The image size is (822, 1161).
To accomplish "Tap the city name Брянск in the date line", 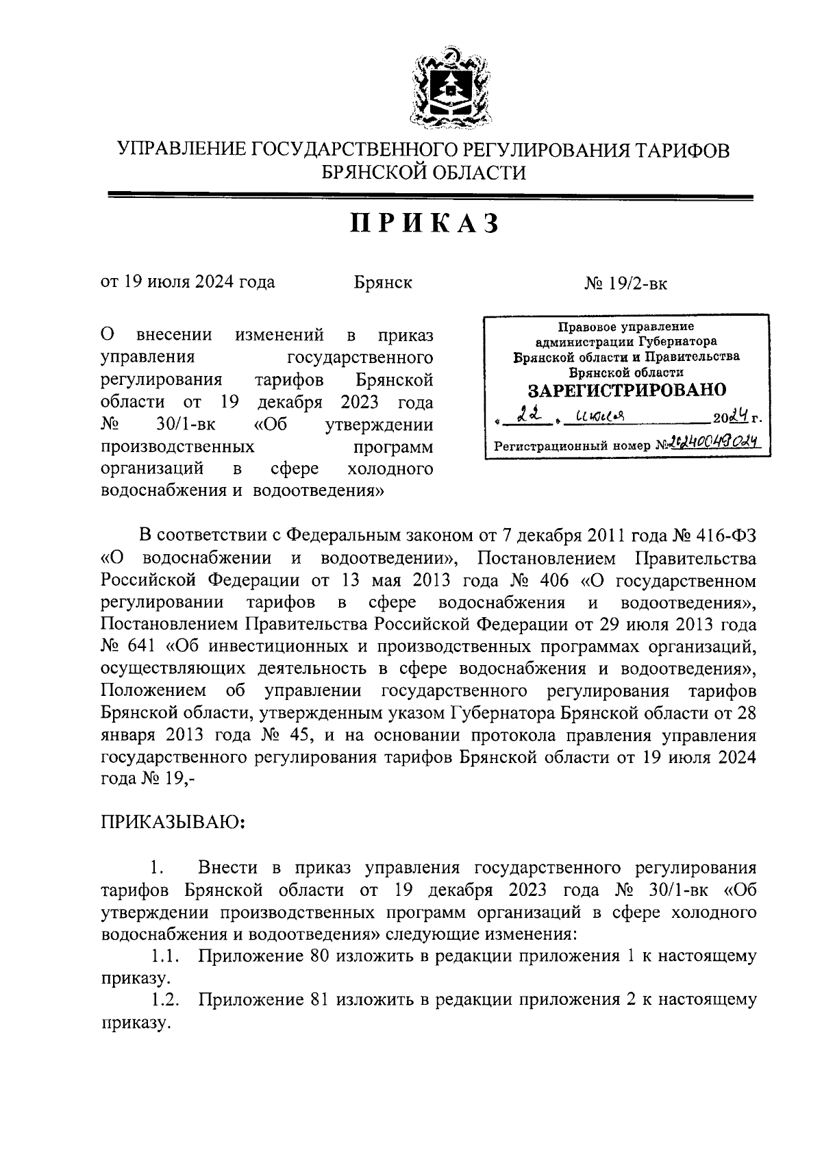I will [x=383, y=282].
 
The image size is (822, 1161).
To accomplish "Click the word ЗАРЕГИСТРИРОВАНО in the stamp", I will [x=626, y=390].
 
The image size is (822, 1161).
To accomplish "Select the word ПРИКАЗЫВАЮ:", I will [x=173, y=822].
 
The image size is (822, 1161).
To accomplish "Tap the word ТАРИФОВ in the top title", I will [x=681, y=151].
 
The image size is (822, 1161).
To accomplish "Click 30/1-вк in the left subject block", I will [x=186, y=425].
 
